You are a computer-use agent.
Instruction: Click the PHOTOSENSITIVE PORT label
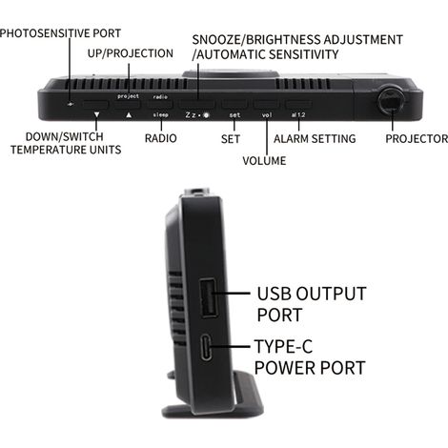60,33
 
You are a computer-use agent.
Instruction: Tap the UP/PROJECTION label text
131,53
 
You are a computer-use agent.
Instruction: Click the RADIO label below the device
161,138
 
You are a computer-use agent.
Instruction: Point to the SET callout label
231,139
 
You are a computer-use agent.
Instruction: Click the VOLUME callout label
264,161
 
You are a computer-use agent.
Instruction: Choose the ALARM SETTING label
315,139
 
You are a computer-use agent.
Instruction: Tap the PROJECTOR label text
417,139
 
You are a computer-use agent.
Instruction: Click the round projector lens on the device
391,100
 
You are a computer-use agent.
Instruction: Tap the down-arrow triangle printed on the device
96,114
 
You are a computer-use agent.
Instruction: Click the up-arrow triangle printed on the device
129,114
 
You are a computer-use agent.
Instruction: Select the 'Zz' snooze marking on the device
191,115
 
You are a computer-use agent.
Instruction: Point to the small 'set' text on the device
234,115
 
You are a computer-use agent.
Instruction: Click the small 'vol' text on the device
267,115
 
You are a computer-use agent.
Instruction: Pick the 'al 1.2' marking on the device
298,114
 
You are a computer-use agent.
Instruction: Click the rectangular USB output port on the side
209,298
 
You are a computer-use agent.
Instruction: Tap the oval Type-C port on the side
206,348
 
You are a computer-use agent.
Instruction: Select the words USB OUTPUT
312,294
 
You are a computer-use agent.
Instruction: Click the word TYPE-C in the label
283,346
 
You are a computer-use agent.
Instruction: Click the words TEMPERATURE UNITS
66,150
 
